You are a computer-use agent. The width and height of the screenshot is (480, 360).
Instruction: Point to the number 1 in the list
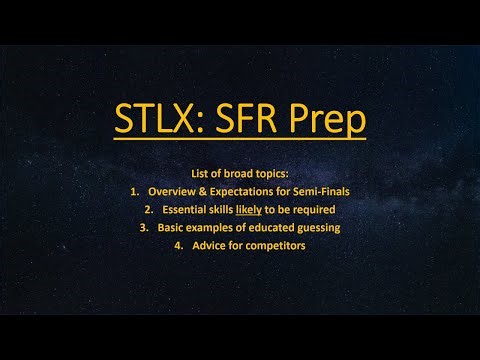click(x=135, y=191)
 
